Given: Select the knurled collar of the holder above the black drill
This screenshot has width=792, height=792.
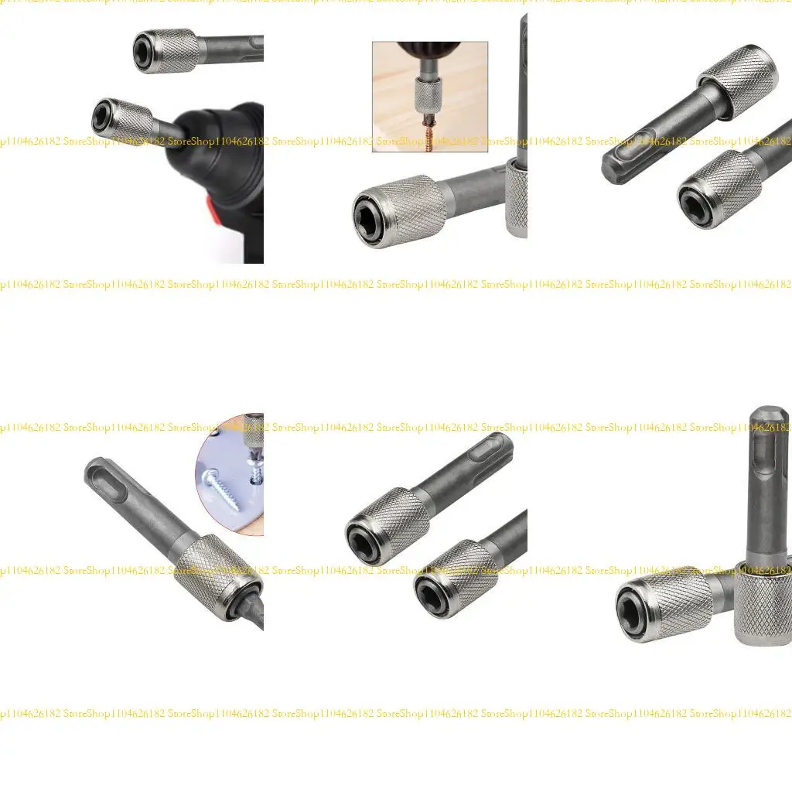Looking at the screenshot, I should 172,50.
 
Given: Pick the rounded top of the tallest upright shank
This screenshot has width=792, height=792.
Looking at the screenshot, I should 770,422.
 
